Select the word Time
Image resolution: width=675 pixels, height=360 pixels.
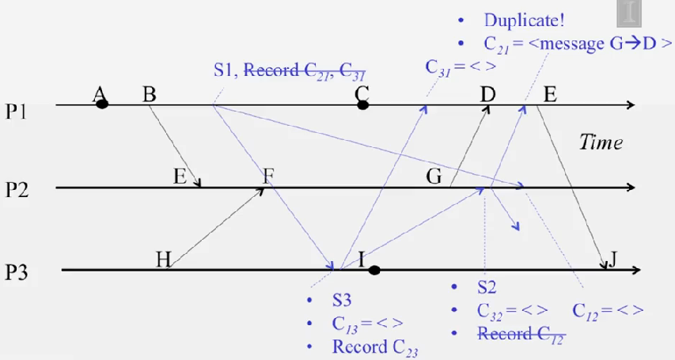pyautogui.click(x=601, y=142)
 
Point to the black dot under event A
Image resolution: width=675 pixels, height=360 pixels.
pyautogui.click(x=102, y=104)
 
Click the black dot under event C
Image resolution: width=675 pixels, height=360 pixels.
pyautogui.click(x=362, y=104)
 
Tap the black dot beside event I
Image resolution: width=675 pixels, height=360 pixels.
pyautogui.click(x=374, y=271)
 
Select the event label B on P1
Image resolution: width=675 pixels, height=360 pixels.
pyautogui.click(x=149, y=95)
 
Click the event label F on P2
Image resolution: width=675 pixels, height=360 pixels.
pyautogui.click(x=269, y=176)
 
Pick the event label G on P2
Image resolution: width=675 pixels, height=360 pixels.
pyautogui.click(x=434, y=176)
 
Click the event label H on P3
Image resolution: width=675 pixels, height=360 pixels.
pyautogui.click(x=163, y=260)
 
